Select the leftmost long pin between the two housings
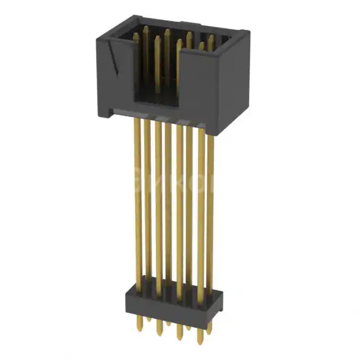pos(137,197)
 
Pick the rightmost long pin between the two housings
pos(210,202)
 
